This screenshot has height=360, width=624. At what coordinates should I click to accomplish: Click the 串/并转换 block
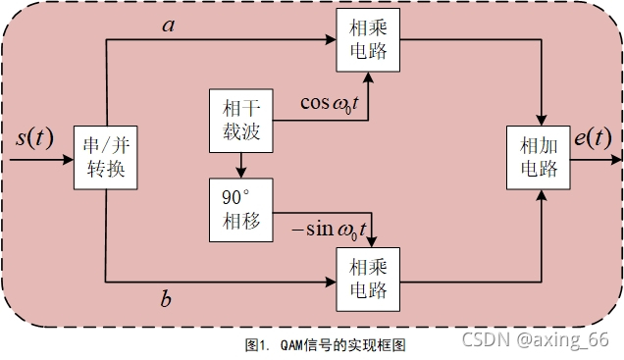click(x=106, y=162)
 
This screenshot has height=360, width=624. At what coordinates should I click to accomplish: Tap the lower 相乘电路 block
click(x=367, y=278)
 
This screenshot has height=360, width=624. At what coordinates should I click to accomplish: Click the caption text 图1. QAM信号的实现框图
click(x=325, y=345)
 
